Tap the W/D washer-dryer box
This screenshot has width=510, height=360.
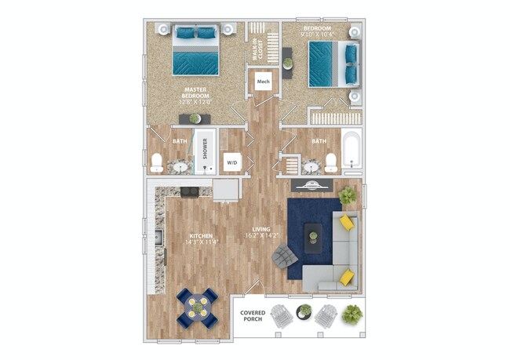(232, 162)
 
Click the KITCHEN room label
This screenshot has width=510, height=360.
(200, 238)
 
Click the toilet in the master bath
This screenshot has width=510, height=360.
(157, 163)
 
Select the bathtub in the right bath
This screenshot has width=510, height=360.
(352, 152)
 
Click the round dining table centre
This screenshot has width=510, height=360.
(196, 307)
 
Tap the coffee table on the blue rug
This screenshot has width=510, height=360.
(314, 236)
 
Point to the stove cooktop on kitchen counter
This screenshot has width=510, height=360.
(190, 192)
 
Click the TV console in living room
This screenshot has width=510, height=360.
(315, 187)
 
